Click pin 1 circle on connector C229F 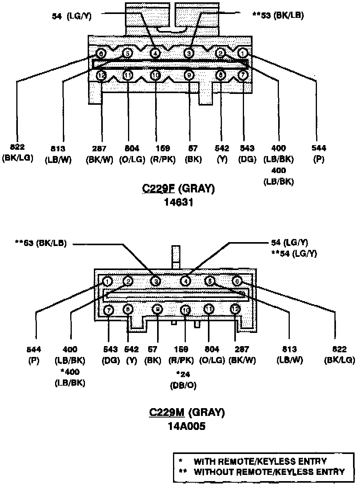point(243,52)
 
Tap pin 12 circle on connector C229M point(235,309)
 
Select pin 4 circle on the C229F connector point(155,53)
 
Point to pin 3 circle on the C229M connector point(155,281)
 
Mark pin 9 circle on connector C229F point(189,75)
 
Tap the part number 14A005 point(187,426)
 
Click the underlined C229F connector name point(159,189)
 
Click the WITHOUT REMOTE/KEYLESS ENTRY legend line point(264,472)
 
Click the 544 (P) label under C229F point(318,153)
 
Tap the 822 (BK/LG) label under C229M point(339,354)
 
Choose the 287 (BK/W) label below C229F point(100,153)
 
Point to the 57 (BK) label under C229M point(152,354)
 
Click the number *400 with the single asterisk point(70,372)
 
